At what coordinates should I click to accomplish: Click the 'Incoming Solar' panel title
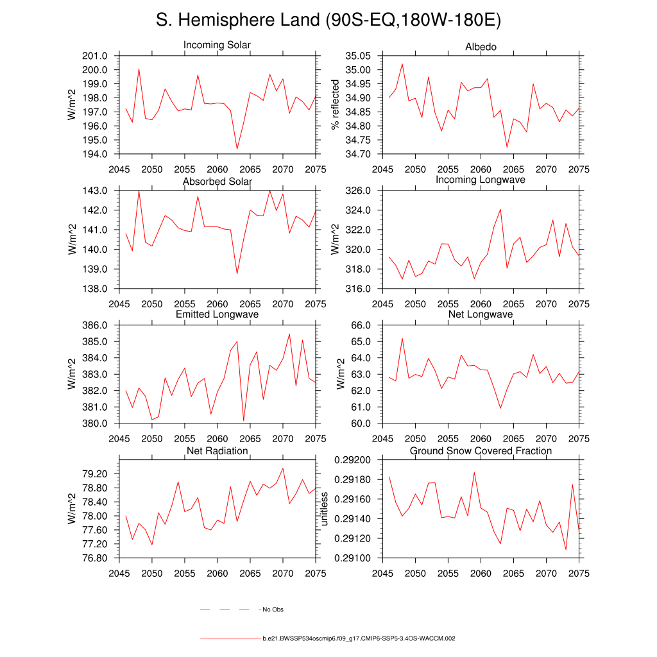coord(217,46)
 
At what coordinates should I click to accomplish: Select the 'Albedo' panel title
coord(481,47)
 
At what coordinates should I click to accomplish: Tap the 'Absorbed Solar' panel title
coord(217,182)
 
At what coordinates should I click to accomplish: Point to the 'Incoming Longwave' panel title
coord(481,180)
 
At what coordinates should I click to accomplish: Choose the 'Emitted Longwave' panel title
coord(217,314)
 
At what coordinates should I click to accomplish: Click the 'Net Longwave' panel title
coord(481,314)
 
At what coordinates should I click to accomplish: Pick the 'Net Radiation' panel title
coord(217,451)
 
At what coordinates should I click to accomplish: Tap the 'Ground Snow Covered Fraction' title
coord(481,451)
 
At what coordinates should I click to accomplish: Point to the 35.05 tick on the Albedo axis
coord(357,56)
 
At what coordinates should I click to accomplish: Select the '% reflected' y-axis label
coord(335,105)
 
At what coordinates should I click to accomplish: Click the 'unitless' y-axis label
coord(325,509)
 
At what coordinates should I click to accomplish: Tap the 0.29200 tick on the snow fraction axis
coord(352,460)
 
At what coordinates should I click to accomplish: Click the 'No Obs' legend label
coord(273,609)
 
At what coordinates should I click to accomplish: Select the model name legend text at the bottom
coord(359,639)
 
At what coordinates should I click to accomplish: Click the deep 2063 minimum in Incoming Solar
coord(237,149)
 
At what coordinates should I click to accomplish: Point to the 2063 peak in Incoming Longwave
coord(500,209)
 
